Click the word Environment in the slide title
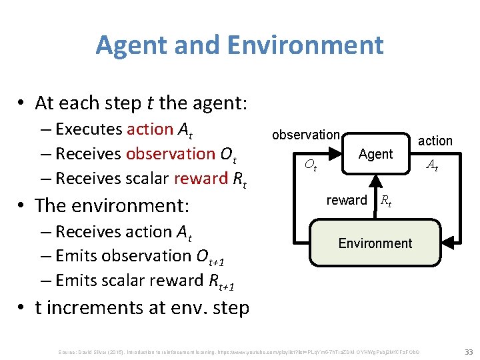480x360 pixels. coord(305,45)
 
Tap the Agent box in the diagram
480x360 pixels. coord(375,154)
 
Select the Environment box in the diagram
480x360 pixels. coord(375,243)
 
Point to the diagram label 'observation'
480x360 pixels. coord(305,135)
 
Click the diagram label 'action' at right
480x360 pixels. coord(435,141)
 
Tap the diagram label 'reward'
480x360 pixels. coord(347,200)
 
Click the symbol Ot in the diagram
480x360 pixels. coord(310,165)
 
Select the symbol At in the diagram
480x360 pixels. coord(433,165)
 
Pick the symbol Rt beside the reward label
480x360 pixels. coord(385,201)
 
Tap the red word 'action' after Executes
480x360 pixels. coord(149,129)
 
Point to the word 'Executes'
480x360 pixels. coord(89,129)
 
